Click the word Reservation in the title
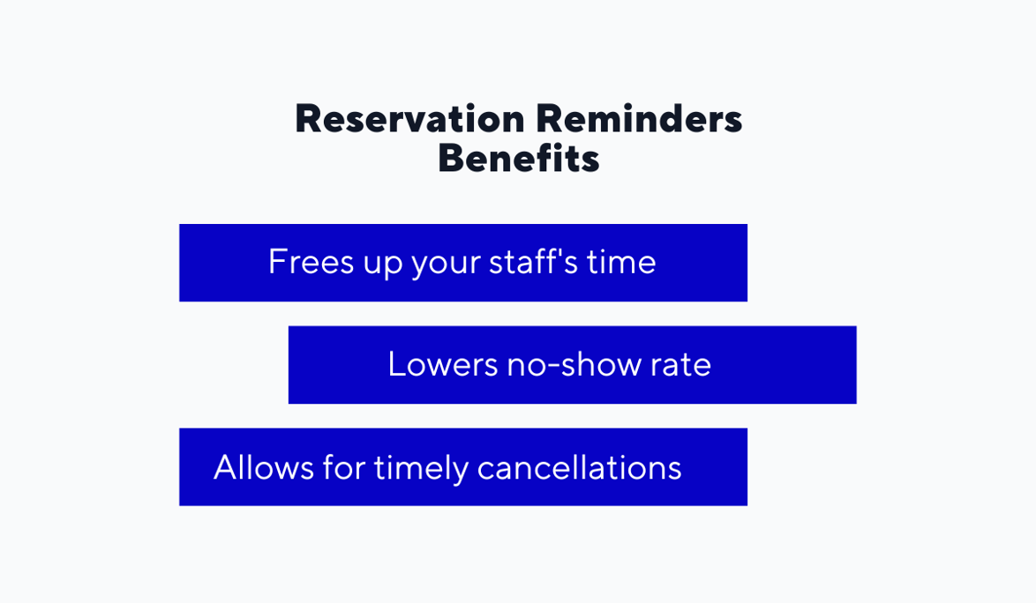(410, 119)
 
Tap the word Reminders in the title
(639, 119)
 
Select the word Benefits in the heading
(519, 160)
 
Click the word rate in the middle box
(680, 364)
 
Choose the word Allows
(263, 466)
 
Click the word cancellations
(579, 466)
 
